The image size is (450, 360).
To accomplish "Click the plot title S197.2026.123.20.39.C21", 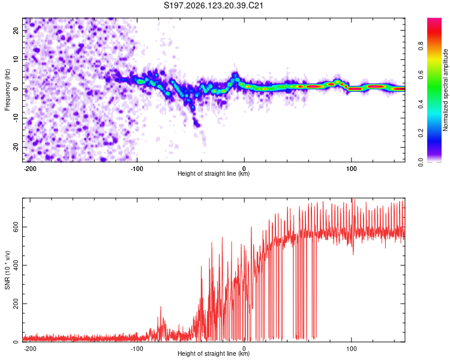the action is pyautogui.click(x=213, y=5).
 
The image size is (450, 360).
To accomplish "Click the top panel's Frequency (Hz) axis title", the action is pyautogui.click(x=7, y=90).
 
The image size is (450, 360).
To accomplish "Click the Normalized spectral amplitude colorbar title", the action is pyautogui.click(x=445, y=90).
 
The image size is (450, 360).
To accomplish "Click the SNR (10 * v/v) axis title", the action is pyautogui.click(x=7, y=270).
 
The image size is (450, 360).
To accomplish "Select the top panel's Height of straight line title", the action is pyautogui.click(x=214, y=173).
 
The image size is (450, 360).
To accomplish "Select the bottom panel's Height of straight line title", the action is pyautogui.click(x=214, y=353).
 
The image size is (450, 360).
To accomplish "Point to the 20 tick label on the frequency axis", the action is pyautogui.click(x=16, y=31).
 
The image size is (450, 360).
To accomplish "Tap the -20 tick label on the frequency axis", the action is pyautogui.click(x=16, y=147).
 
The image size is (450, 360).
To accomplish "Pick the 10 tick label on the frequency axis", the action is pyautogui.click(x=16, y=59).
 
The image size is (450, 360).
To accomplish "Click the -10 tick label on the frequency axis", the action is pyautogui.click(x=16, y=118).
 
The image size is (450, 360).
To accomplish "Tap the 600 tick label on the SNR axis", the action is pyautogui.click(x=16, y=227).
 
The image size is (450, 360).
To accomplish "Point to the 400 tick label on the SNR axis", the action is pyautogui.click(x=16, y=265).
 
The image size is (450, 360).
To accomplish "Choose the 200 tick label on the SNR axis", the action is pyautogui.click(x=16, y=304).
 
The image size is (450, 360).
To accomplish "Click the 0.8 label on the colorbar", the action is pyautogui.click(x=421, y=46).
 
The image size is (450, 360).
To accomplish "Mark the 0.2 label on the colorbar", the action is pyautogui.click(x=421, y=133).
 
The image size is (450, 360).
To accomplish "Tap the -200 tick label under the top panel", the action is pyautogui.click(x=29, y=169).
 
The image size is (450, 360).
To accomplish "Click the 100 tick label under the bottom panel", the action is pyautogui.click(x=351, y=349).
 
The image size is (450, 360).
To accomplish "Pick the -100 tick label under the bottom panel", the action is pyautogui.click(x=137, y=349).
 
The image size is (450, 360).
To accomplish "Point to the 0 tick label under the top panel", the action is pyautogui.click(x=244, y=169).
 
